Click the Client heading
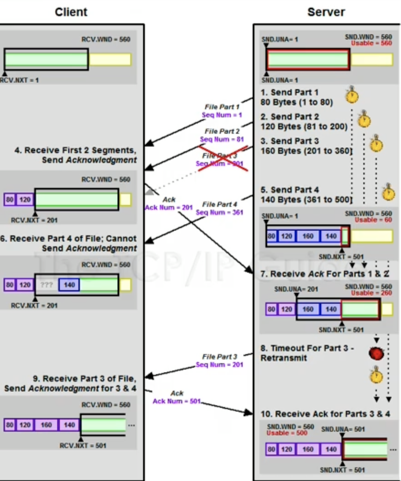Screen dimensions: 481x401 coord(71,12)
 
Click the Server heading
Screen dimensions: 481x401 coord(326,12)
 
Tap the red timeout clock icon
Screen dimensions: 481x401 coord(376,353)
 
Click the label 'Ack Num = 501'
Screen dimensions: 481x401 coord(176,401)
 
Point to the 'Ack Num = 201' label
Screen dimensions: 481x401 coord(168,207)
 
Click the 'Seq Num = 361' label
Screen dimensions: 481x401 coord(219,212)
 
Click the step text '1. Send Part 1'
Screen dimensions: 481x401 coord(290,93)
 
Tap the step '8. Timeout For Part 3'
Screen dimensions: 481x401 coord(307,348)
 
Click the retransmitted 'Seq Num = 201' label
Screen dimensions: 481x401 coord(219,365)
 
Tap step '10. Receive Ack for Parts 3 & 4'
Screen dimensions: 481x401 coord(325,414)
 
